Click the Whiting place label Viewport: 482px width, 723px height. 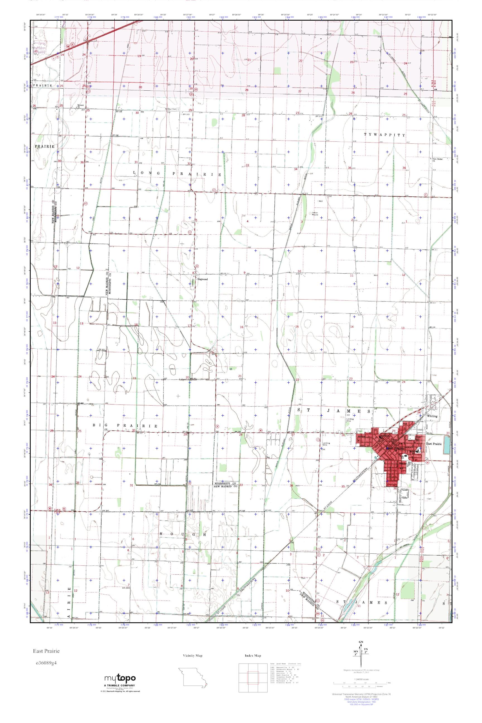tap(432, 416)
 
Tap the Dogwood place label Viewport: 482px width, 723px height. tap(203, 279)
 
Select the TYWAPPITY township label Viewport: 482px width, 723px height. tap(385, 135)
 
